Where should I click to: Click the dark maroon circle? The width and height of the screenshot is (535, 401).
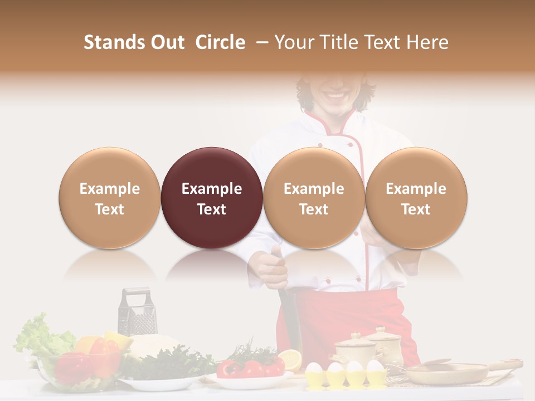[x=212, y=198]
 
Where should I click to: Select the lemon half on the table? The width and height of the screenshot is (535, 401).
[x=290, y=359]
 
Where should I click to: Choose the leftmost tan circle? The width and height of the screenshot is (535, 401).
[x=110, y=198]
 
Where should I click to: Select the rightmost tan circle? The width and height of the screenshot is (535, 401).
[x=416, y=198]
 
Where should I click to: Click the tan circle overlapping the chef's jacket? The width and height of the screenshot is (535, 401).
[x=314, y=198]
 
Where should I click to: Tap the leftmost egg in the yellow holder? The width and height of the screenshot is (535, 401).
[x=315, y=368]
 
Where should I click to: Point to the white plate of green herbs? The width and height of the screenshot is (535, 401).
[x=162, y=370]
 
